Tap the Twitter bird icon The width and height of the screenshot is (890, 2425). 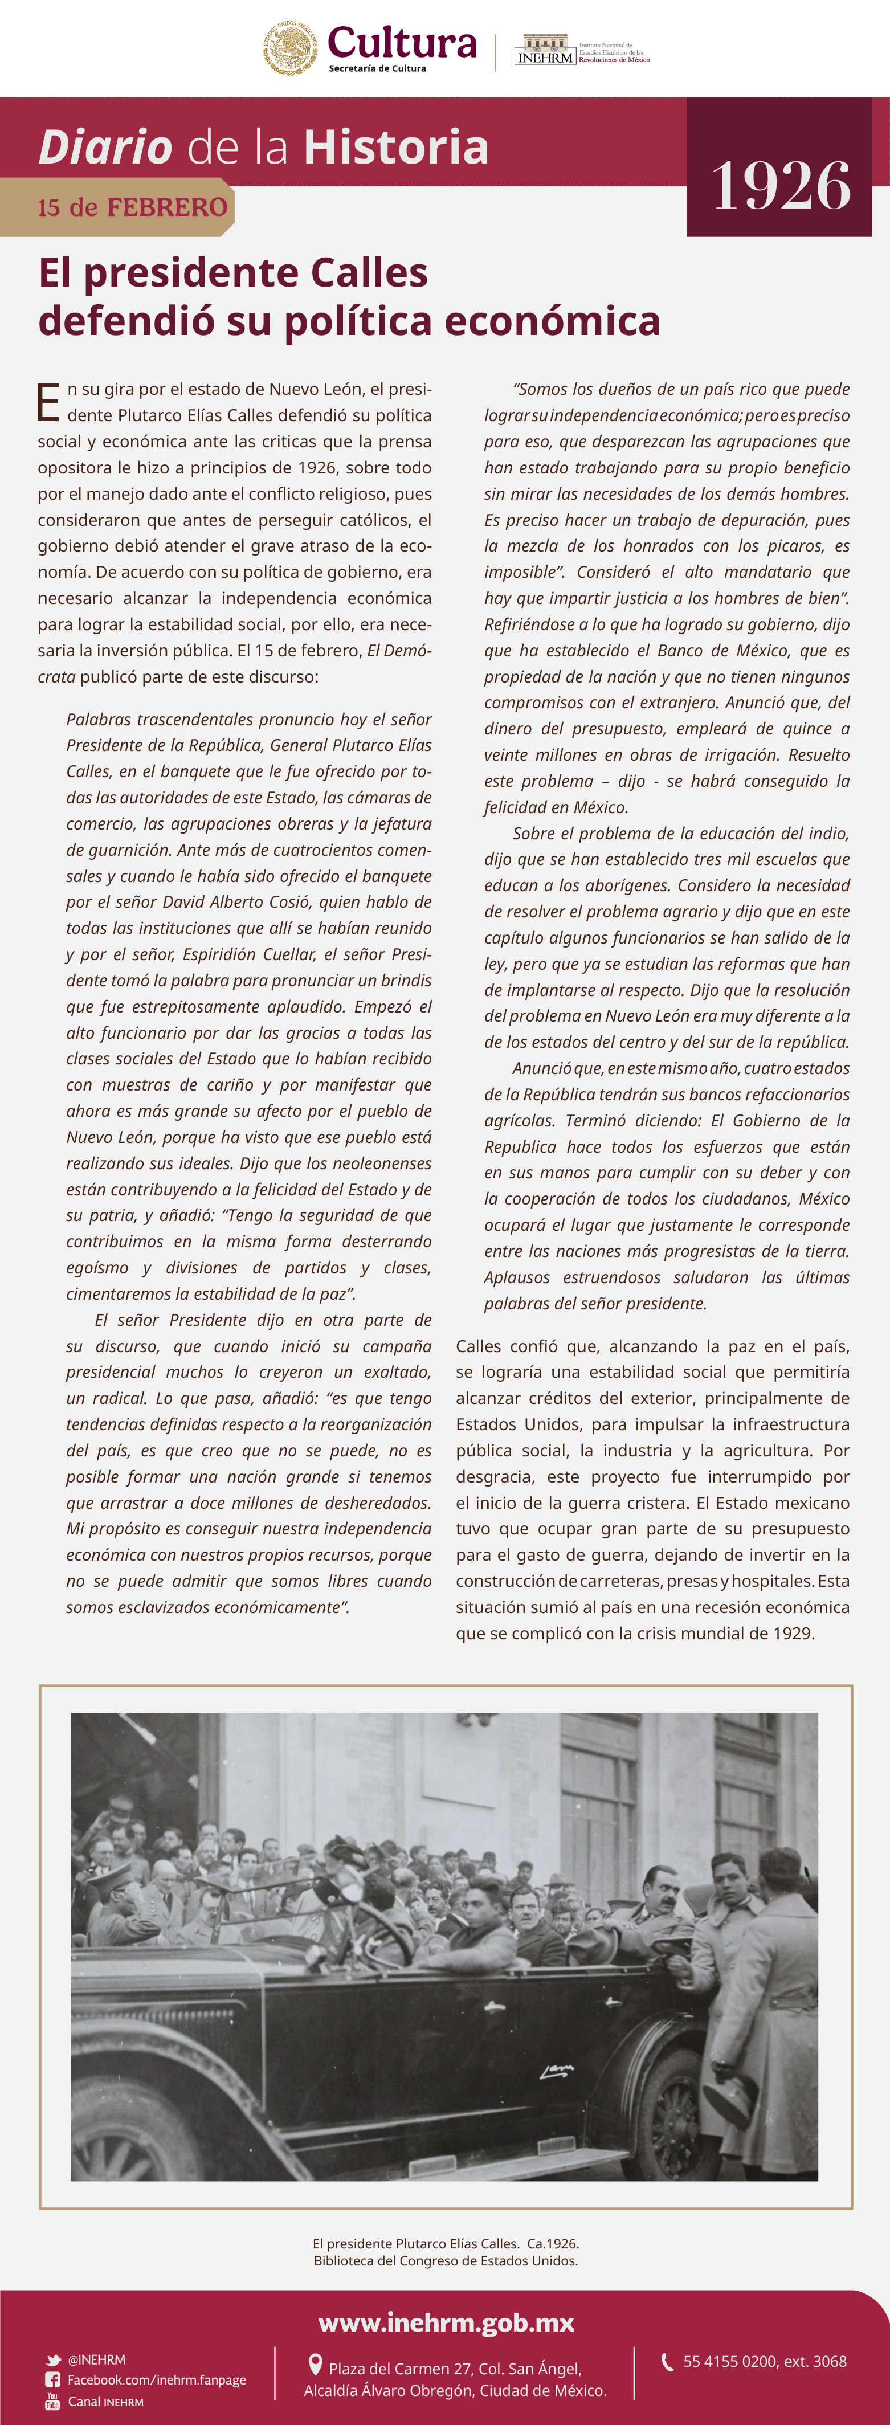coord(54,2360)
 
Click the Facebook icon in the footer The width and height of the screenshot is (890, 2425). coord(53,2380)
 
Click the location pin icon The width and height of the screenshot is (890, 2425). coord(316,2365)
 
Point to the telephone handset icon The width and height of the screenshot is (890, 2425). coord(668,2361)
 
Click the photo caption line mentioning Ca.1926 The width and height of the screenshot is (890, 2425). coord(446,2243)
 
